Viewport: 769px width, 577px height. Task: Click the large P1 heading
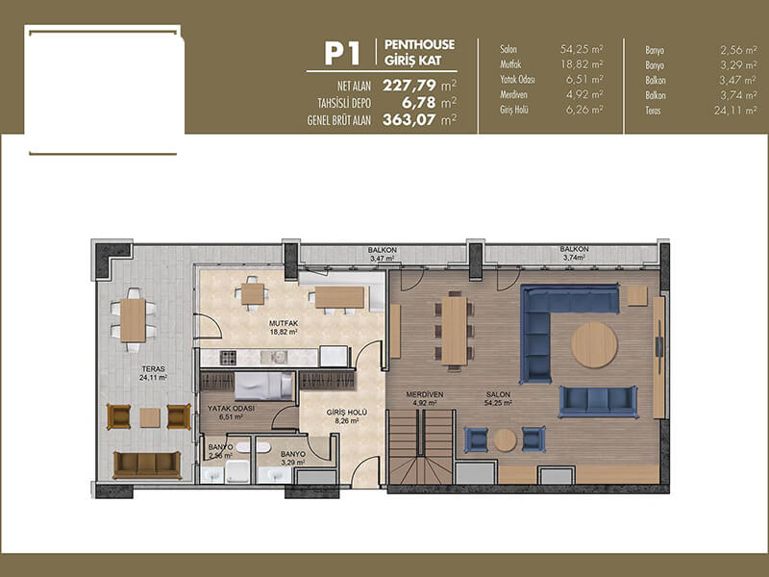click(x=342, y=54)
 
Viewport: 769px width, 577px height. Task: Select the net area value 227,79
click(x=409, y=86)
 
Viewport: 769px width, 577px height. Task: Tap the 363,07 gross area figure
click(x=409, y=119)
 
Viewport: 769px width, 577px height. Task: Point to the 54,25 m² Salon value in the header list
click(x=582, y=49)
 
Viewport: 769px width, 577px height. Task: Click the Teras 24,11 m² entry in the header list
click(x=702, y=111)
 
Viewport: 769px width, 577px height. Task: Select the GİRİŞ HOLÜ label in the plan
click(x=347, y=413)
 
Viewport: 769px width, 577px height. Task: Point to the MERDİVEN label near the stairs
click(x=425, y=394)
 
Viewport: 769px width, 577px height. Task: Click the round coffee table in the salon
click(x=594, y=345)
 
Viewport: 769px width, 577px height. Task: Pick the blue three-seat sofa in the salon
click(x=598, y=401)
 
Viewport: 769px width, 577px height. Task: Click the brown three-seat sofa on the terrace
click(x=147, y=464)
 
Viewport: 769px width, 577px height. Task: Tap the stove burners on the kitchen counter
click(x=228, y=357)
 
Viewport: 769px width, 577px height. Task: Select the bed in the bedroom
click(x=263, y=386)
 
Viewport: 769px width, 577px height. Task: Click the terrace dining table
click(x=133, y=320)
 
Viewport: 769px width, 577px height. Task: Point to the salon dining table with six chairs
click(x=454, y=331)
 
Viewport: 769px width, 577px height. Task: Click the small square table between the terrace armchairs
click(x=150, y=417)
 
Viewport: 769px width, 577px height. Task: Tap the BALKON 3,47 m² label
click(x=382, y=254)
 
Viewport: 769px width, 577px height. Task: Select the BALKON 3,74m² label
click(x=574, y=253)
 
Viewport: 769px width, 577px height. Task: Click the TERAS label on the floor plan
click(x=154, y=369)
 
